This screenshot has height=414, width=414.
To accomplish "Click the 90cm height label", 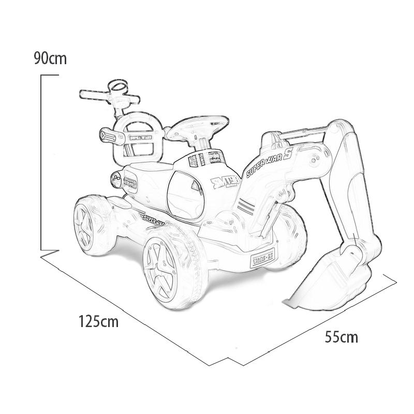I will pos(50,58).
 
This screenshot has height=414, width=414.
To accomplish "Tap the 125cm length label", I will pos(98,321).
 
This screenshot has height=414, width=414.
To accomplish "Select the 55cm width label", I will pos(341,337).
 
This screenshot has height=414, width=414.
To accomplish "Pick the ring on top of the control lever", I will pos(119,86).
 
